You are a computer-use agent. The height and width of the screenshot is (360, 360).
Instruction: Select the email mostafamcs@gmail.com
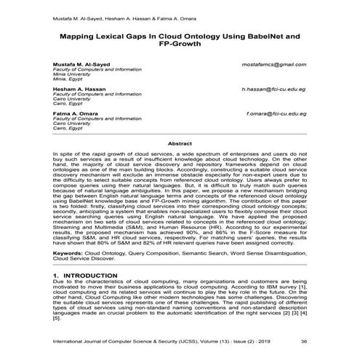(x=273, y=65)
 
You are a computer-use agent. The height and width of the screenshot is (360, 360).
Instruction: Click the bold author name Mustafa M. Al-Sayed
(x=81, y=65)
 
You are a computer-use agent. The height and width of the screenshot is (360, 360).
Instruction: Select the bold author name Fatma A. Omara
(x=75, y=114)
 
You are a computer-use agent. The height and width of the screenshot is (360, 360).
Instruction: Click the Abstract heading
(x=180, y=144)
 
